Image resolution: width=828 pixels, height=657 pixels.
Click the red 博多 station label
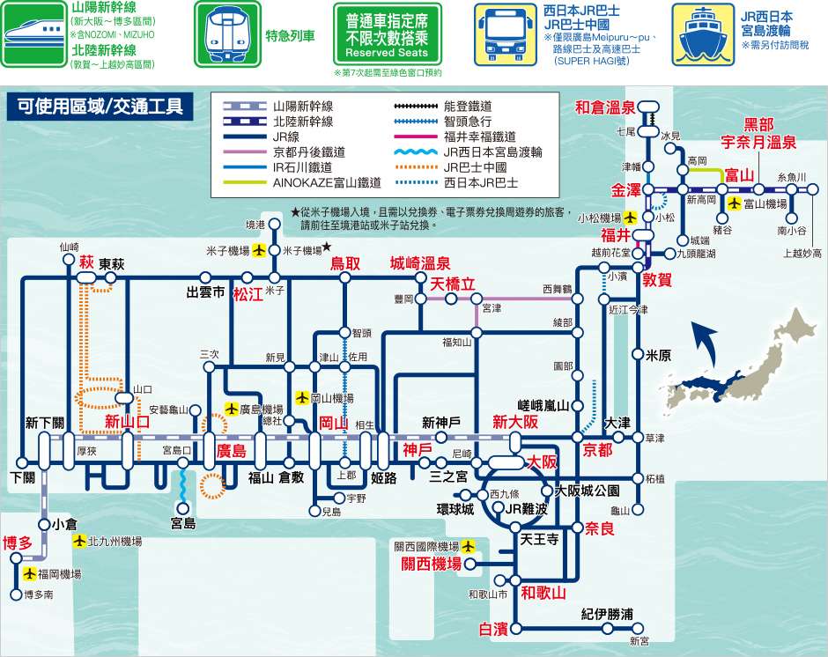tap(18, 542)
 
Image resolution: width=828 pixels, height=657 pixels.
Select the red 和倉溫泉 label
tap(605, 107)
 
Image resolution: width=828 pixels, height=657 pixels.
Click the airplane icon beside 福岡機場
tap(31, 574)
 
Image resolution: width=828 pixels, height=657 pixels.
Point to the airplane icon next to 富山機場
tap(734, 203)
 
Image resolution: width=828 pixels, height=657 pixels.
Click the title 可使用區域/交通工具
tap(99, 107)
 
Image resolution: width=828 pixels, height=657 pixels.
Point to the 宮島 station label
tap(182, 523)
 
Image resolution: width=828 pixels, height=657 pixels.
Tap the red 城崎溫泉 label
tap(420, 262)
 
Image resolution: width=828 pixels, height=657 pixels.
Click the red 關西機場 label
tap(432, 564)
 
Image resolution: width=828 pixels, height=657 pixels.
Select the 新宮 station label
tap(639, 640)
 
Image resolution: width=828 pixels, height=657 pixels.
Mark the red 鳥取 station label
tap(345, 262)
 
